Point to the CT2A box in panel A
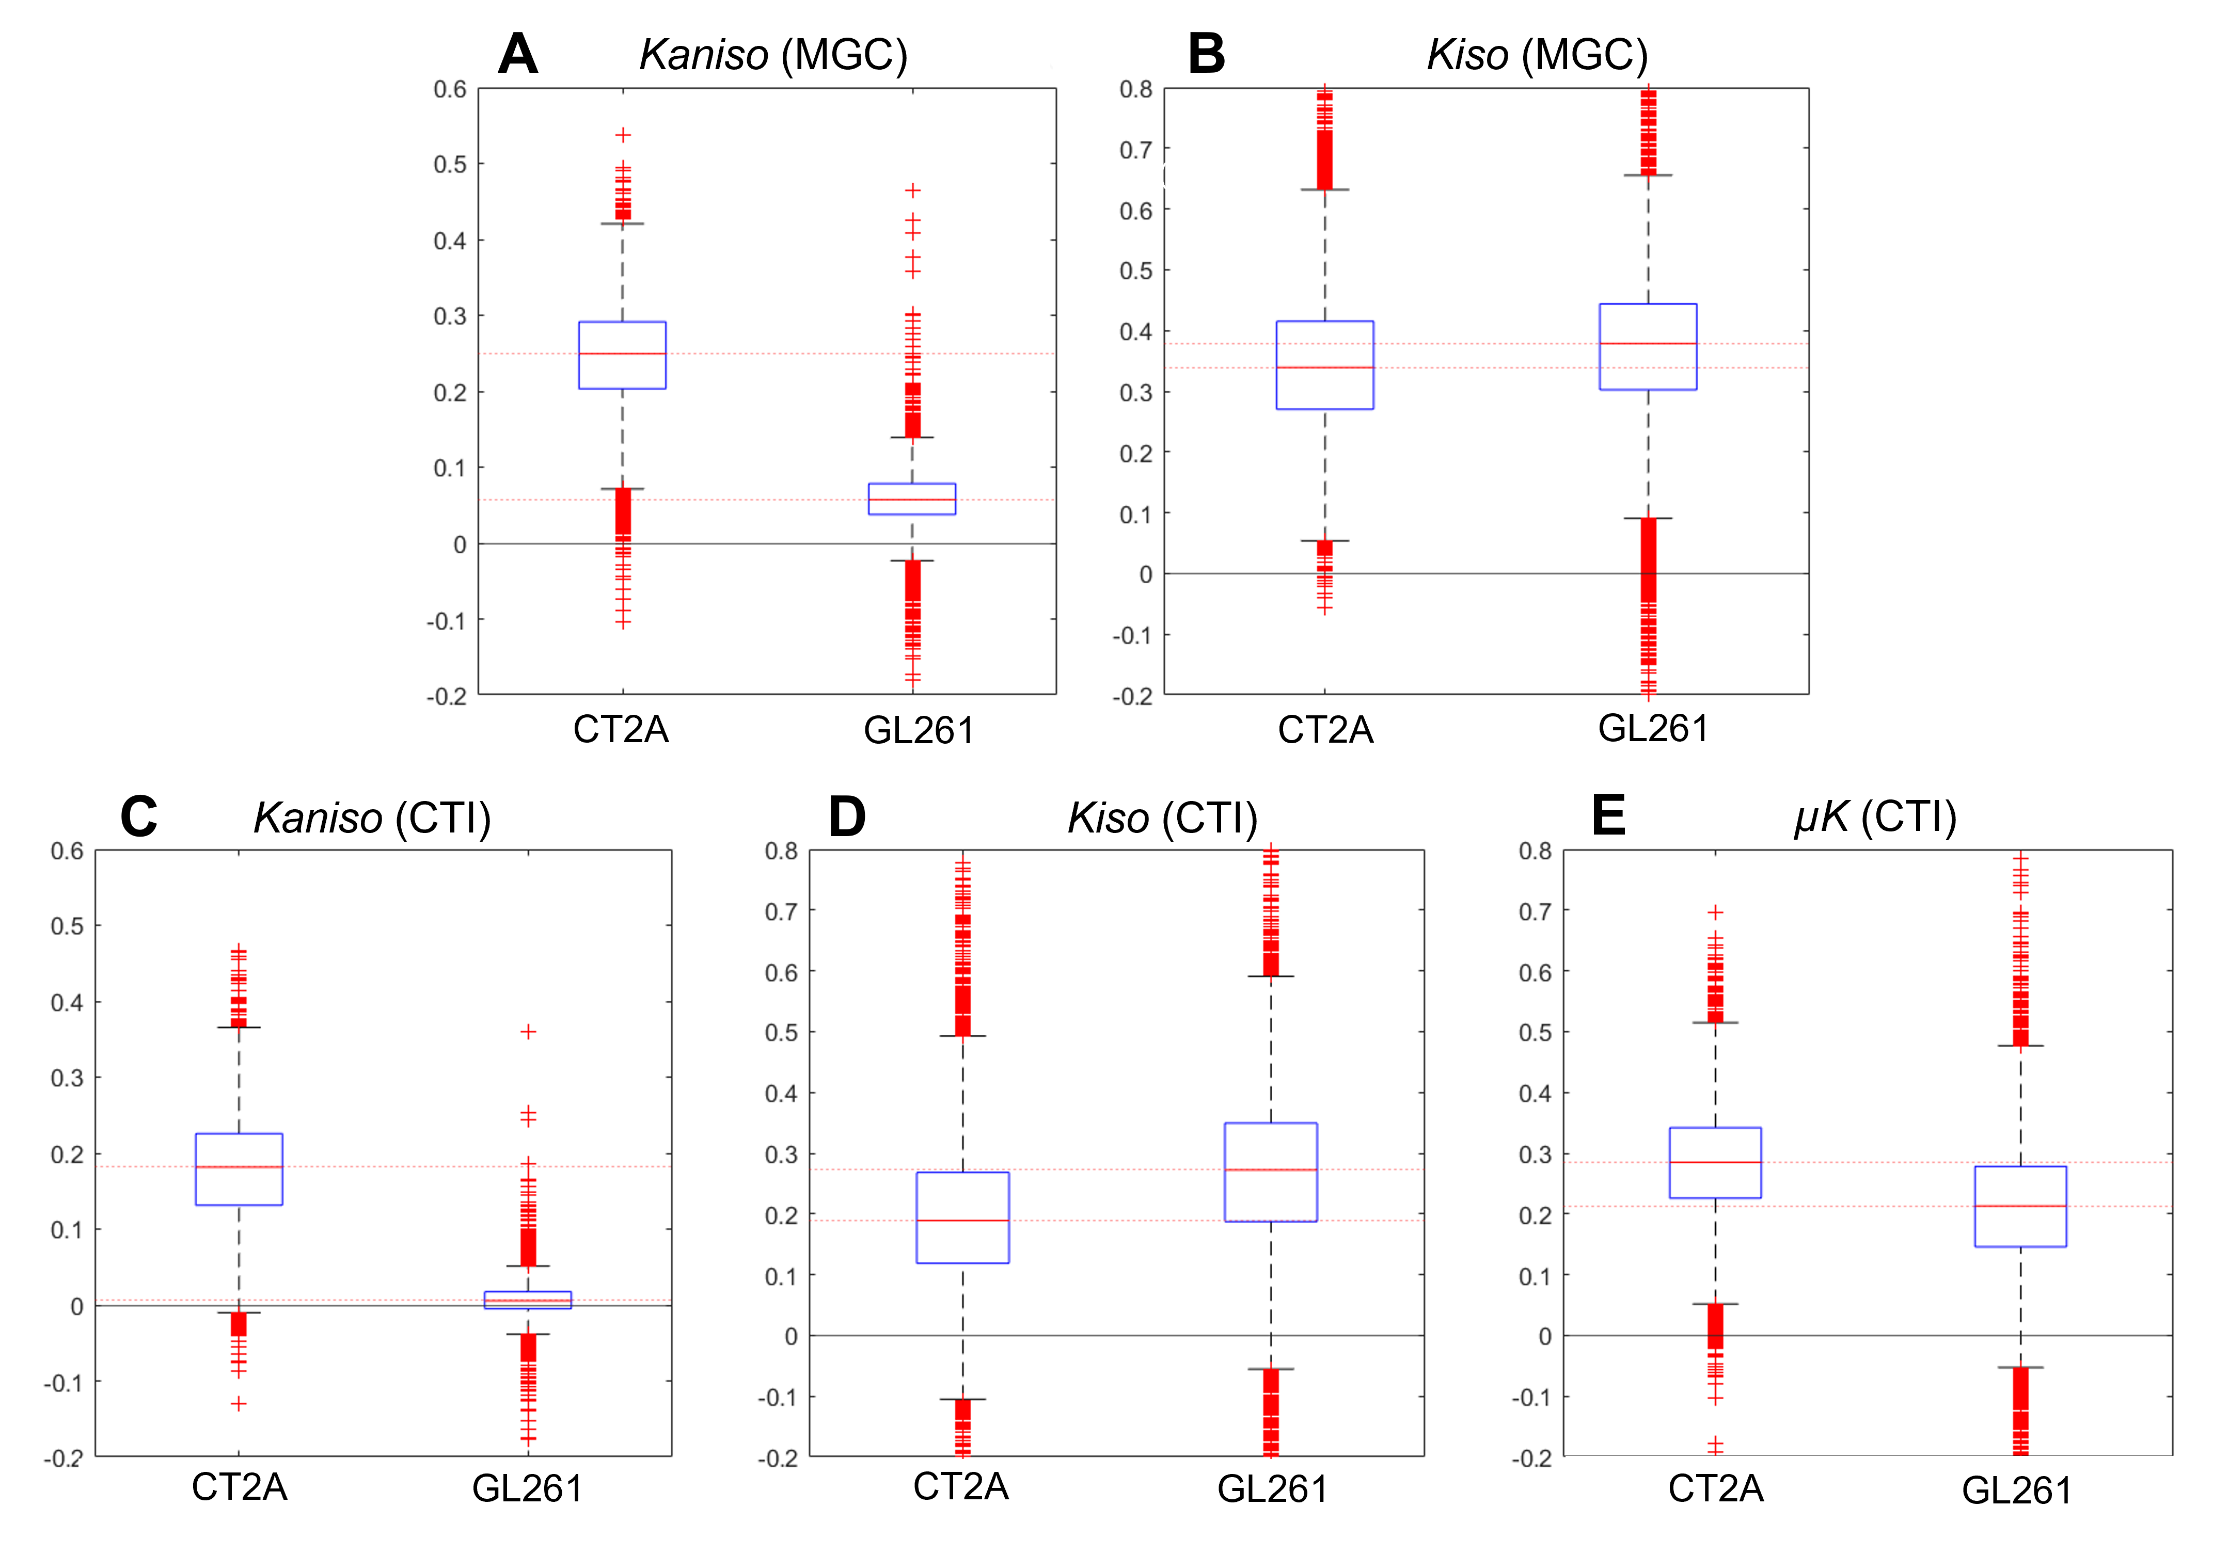pos(622,355)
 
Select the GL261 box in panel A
pos(912,499)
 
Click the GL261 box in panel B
pos(1648,346)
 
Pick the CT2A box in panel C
pos(239,1168)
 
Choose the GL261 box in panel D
pos(1271,1172)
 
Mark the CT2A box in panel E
pos(1714,1163)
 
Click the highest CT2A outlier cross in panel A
pos(623,135)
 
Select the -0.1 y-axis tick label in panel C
pos(63,1382)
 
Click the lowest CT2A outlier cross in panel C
pos(239,1403)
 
